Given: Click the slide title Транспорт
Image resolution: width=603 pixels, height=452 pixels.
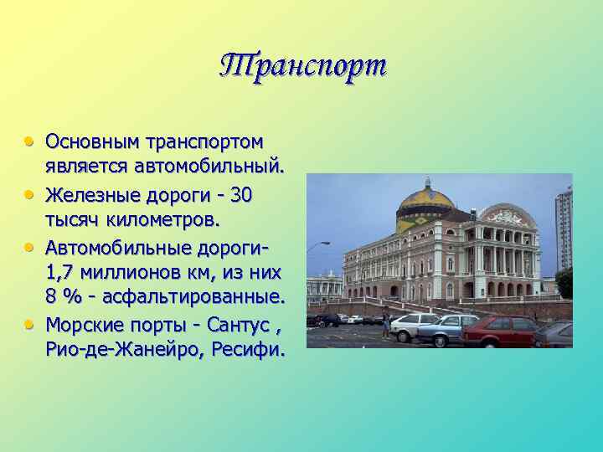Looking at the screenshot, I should (x=304, y=65).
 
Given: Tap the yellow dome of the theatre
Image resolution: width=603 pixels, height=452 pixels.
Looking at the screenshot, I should (x=425, y=202).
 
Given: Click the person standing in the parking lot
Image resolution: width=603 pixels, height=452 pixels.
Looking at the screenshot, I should (x=386, y=321).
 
